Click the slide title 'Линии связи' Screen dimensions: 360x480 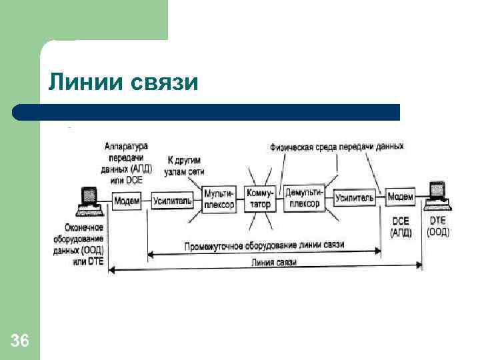[123, 83]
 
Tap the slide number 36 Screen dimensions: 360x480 [20, 341]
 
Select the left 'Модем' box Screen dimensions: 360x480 [127, 199]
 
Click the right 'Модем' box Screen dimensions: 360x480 [401, 197]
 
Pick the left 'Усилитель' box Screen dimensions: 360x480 [173, 200]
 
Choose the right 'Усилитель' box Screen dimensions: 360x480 [355, 198]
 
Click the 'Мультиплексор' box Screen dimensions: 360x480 [219, 199]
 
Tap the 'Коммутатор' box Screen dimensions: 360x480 [260, 199]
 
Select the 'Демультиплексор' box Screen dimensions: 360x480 [305, 198]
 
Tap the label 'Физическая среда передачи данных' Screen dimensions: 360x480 [337, 146]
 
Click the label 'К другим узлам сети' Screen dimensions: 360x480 [183, 166]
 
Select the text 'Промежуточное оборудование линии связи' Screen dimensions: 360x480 [264, 245]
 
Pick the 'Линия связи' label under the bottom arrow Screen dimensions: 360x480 [273, 262]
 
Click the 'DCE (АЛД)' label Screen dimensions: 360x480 [401, 226]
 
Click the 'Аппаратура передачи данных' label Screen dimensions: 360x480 [127, 163]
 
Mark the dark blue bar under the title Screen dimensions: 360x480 [207, 112]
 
